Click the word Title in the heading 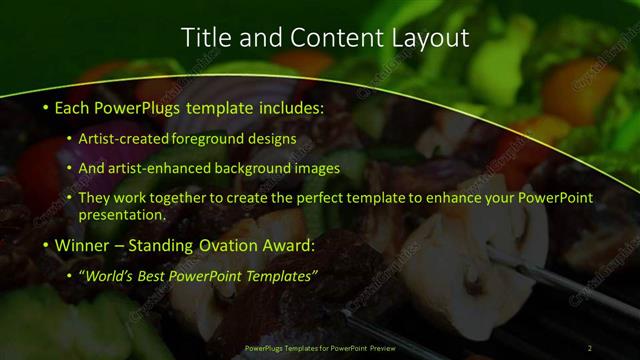pos(203,38)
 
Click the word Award pos(290,245)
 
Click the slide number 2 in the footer pos(590,348)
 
